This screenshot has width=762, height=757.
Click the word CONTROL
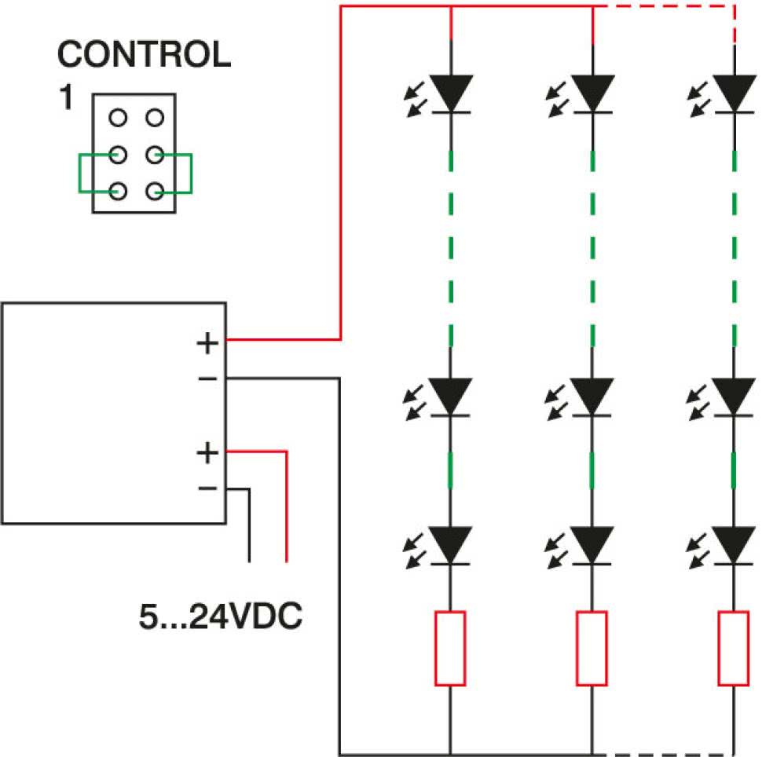click(x=145, y=54)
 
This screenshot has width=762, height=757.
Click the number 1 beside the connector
click(x=66, y=97)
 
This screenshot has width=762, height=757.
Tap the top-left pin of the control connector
click(x=118, y=118)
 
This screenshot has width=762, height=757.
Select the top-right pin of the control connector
click(x=155, y=118)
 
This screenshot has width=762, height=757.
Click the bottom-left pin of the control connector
click(x=118, y=191)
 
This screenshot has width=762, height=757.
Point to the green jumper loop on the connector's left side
click(x=79, y=174)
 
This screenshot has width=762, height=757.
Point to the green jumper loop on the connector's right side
click(x=192, y=174)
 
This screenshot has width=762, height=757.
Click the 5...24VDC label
click(x=220, y=616)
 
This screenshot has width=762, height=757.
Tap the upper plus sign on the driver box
click(x=207, y=343)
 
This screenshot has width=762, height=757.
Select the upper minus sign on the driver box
click(x=207, y=378)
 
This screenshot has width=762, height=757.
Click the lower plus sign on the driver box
click(x=207, y=453)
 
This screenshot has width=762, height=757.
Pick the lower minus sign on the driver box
click(x=207, y=488)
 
